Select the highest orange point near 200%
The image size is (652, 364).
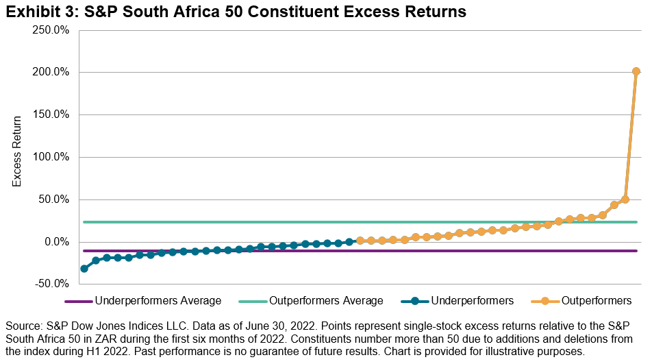[x=636, y=71]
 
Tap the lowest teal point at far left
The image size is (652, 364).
[x=84, y=269]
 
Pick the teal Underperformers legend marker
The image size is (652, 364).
[x=425, y=301]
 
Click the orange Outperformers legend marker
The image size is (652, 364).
[x=544, y=301]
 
